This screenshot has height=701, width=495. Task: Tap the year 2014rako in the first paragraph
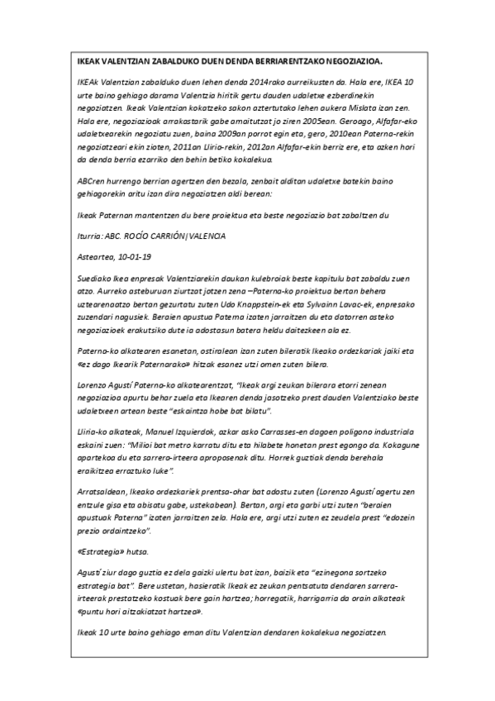(x=231, y=84)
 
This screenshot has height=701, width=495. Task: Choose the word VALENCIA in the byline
(x=205, y=236)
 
